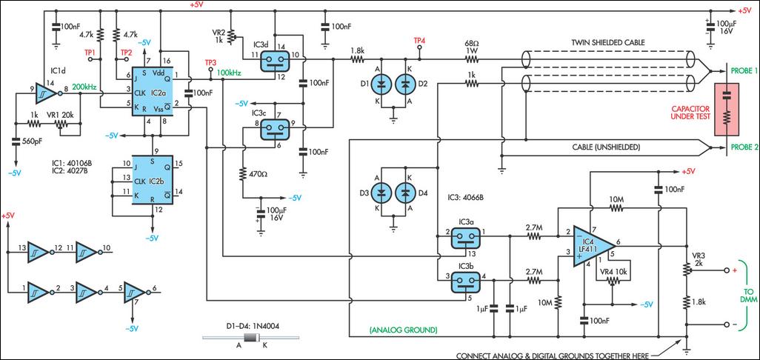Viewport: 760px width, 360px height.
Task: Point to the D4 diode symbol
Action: (405, 192)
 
